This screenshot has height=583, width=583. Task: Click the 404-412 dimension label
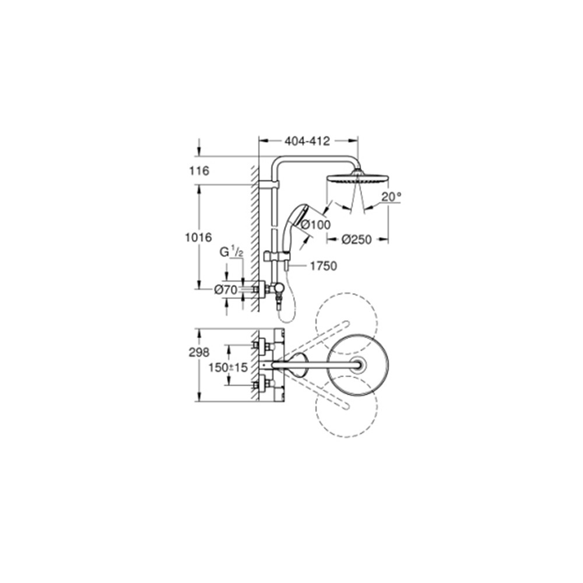(307, 141)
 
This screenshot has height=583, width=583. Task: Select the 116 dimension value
(199, 171)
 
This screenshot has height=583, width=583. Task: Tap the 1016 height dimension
(199, 237)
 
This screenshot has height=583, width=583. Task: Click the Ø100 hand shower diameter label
(315, 224)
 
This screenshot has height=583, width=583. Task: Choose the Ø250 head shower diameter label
(357, 240)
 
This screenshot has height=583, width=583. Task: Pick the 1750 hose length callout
(324, 266)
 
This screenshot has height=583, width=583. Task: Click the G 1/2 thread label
(231, 252)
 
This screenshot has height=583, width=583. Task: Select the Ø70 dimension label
(226, 290)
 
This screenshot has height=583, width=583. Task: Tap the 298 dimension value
(199, 353)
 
